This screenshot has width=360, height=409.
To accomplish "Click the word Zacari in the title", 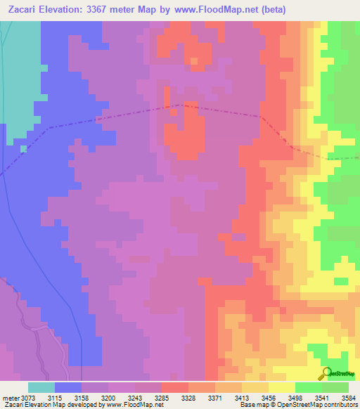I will (x=26, y=10).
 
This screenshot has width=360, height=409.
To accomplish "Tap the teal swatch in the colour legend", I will (x=41, y=387).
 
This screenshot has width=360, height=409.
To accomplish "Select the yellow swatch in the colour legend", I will (x=281, y=387).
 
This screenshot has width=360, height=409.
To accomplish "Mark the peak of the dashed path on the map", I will (x=182, y=105).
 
